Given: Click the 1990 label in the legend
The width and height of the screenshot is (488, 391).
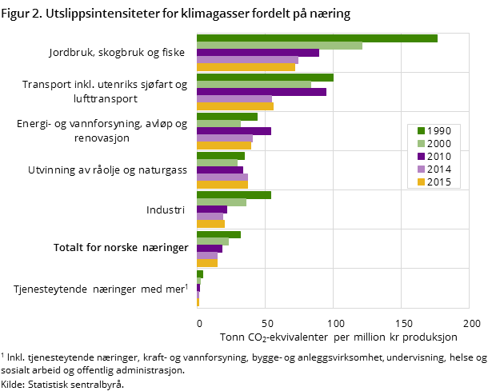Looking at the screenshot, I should click(x=439, y=130).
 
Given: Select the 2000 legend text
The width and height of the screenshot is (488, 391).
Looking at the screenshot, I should click(x=439, y=143).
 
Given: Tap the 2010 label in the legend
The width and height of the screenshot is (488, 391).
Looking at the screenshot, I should click(x=439, y=156).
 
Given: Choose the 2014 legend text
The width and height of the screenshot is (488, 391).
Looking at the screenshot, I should click(x=439, y=169).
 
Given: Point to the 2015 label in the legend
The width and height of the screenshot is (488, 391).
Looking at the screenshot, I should click(x=439, y=182).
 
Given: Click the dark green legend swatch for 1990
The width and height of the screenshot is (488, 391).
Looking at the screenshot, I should click(x=420, y=130).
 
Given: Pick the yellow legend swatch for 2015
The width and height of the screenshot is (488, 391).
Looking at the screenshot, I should click(x=420, y=182).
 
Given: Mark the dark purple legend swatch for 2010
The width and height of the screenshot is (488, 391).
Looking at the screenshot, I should click(x=420, y=156).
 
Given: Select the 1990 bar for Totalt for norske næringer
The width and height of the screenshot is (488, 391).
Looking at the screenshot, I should click(x=218, y=234).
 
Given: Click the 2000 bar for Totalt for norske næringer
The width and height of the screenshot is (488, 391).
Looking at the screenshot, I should click(x=213, y=241).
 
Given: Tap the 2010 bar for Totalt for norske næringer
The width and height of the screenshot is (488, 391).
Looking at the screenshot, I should click(x=210, y=249).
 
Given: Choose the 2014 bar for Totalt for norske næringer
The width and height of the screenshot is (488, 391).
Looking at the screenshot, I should click(x=207, y=256).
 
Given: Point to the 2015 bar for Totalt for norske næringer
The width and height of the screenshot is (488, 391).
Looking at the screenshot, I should click(x=207, y=263).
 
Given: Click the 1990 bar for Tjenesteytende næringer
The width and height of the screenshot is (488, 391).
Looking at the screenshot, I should click(x=200, y=274).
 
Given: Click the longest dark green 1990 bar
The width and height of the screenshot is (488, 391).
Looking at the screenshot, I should click(x=317, y=38).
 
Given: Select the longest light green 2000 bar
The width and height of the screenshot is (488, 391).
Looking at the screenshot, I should click(x=279, y=46).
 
